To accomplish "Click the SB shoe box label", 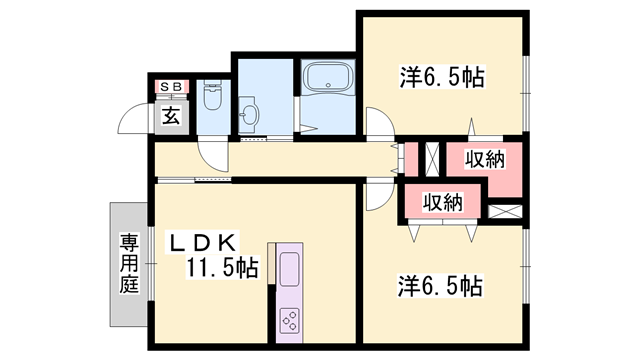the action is [x=169, y=87].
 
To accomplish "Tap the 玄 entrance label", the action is [x=171, y=114].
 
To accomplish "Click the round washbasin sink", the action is [x=250, y=114].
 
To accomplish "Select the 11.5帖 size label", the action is [x=222, y=267].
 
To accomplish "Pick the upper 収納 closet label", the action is [x=484, y=158].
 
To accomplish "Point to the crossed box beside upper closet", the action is [x=433, y=159].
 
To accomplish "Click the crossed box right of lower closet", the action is [x=505, y=211].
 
